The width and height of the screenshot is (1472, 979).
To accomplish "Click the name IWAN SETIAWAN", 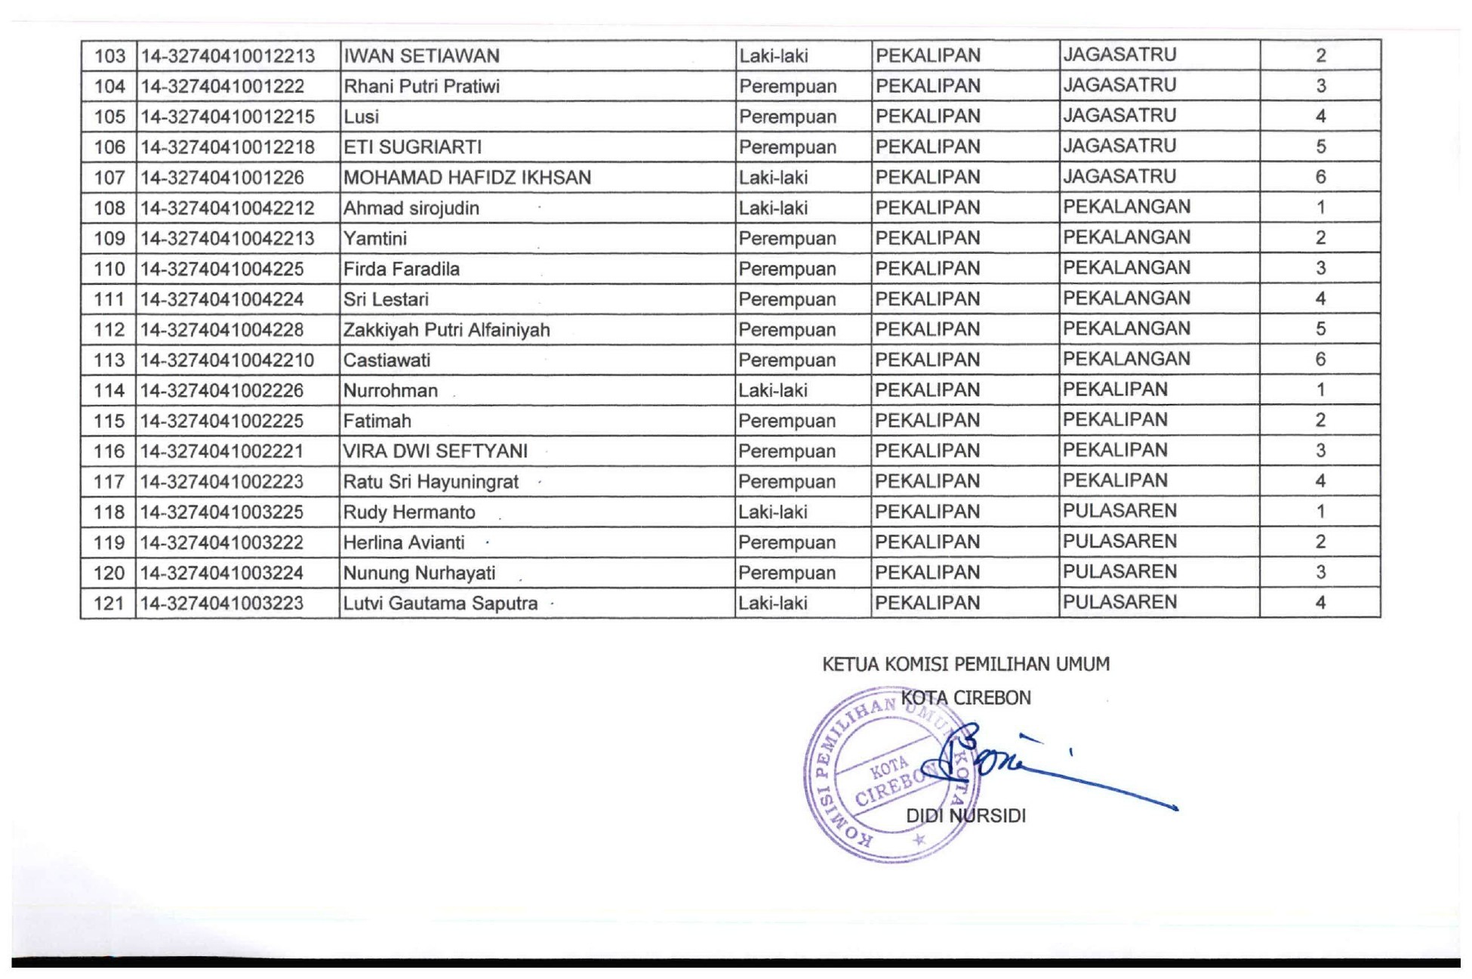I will pyautogui.click(x=421, y=57).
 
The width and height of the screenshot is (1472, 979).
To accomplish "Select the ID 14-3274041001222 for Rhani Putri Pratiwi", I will pyautogui.click(x=223, y=87).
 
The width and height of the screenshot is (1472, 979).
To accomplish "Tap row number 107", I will pyautogui.click(x=109, y=178).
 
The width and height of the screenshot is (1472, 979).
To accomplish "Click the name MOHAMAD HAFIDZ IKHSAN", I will pyautogui.click(x=467, y=178).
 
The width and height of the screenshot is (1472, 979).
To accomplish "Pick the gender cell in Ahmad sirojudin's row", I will pyautogui.click(x=773, y=208).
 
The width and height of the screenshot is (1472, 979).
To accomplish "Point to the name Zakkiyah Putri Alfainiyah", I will pyautogui.click(x=446, y=330).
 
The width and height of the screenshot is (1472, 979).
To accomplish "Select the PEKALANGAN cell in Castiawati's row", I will pyautogui.click(x=1126, y=359).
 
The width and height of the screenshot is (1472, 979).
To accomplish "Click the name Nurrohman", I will pyautogui.click(x=390, y=391).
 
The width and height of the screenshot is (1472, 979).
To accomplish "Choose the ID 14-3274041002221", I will pyautogui.click(x=222, y=451).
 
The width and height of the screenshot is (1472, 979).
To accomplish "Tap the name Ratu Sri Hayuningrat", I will pyautogui.click(x=430, y=482).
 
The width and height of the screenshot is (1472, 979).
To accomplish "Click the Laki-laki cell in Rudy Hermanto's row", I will pyautogui.click(x=773, y=512).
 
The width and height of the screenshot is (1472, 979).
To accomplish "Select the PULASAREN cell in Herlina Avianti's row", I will pyautogui.click(x=1119, y=542).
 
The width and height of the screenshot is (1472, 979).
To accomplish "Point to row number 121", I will pyautogui.click(x=109, y=604).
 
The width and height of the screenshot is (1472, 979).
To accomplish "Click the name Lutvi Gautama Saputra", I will pyautogui.click(x=440, y=604).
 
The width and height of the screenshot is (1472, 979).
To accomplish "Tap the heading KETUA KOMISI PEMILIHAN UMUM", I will pyautogui.click(x=965, y=665).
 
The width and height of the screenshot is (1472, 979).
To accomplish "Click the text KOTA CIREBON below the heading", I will pyautogui.click(x=965, y=698).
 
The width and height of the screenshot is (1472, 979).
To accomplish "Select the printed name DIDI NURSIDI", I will pyautogui.click(x=965, y=817).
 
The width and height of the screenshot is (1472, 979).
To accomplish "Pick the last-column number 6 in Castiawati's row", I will pyautogui.click(x=1320, y=360).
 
